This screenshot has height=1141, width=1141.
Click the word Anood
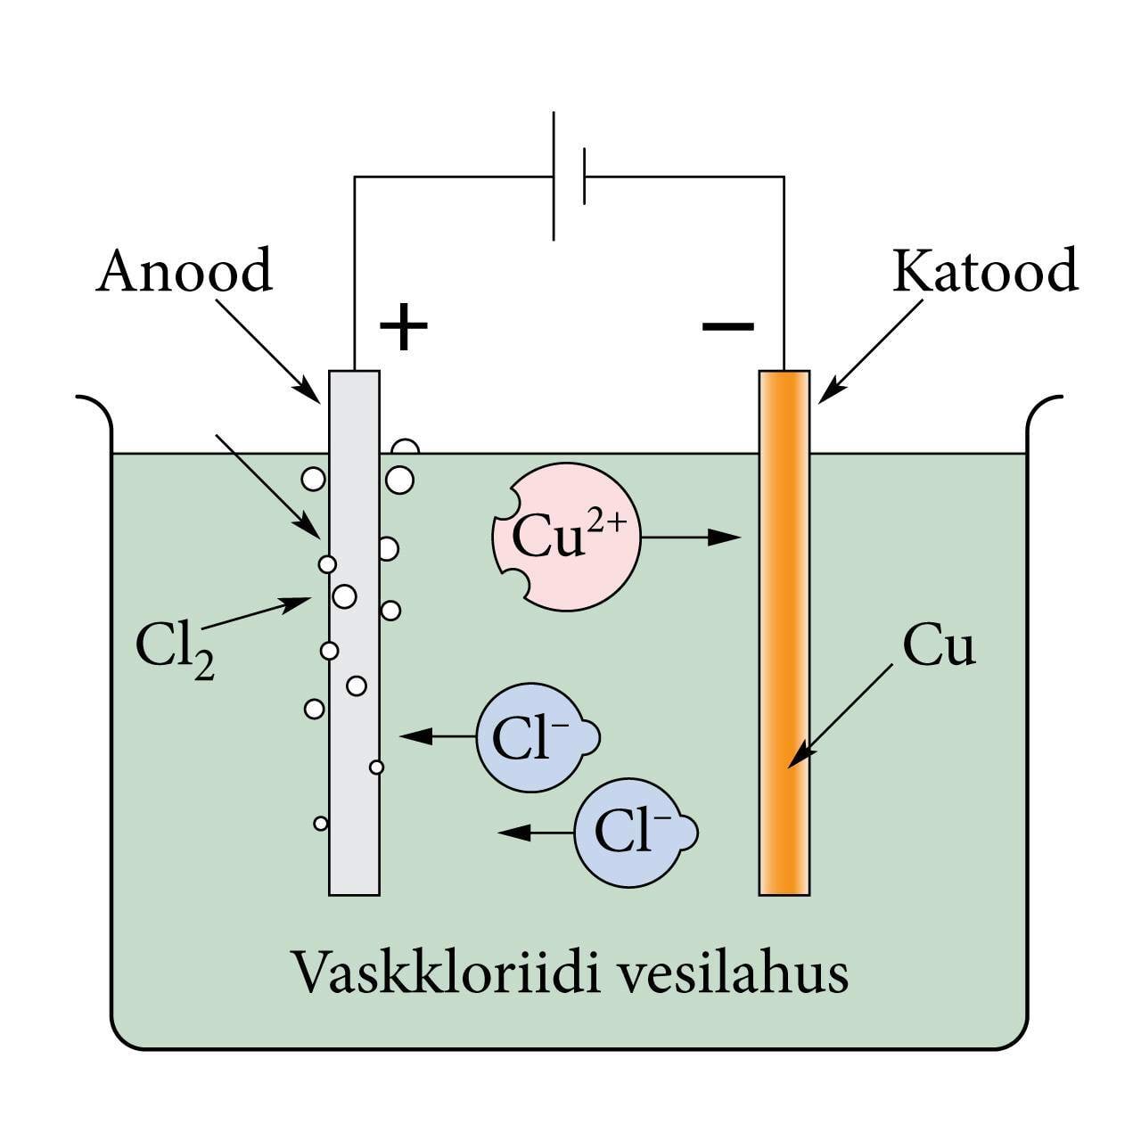click(x=184, y=271)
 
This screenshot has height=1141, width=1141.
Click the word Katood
click(x=984, y=271)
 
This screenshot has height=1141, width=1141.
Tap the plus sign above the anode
click(x=404, y=326)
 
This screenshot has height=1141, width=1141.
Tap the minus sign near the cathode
click(x=727, y=326)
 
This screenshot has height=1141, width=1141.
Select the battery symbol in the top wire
click(x=569, y=176)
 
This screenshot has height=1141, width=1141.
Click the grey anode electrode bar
click(x=354, y=677)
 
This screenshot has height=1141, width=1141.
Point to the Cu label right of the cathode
click(x=939, y=646)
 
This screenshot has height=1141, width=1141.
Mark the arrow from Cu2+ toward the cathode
click(x=691, y=538)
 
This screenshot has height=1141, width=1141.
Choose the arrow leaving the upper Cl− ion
click(x=437, y=737)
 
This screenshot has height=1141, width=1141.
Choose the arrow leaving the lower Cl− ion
click(x=535, y=833)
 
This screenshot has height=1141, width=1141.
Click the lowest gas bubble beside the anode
click(x=321, y=824)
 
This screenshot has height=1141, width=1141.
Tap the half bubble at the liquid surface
click(x=406, y=447)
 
